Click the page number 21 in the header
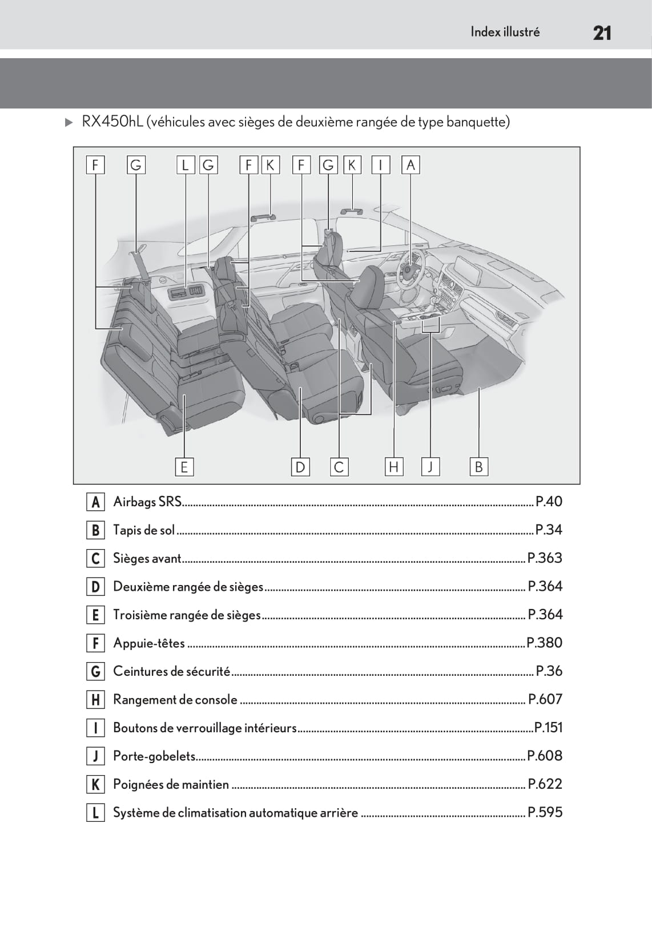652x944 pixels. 602,33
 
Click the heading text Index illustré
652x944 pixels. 505,32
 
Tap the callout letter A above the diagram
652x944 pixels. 410,165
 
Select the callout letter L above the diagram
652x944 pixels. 185,165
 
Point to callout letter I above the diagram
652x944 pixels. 380,165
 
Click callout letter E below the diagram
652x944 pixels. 184,467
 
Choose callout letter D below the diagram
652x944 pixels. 300,467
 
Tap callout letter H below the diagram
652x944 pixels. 393,467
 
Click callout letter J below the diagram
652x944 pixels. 430,467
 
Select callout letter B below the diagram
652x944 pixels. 478,467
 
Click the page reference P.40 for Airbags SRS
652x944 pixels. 549,502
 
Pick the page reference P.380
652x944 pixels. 544,643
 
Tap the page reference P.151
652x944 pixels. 548,728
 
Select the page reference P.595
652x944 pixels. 545,812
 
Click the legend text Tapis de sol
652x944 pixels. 144,530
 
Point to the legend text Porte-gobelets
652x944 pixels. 154,756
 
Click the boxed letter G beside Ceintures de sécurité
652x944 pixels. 95,671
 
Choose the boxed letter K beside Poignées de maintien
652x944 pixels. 95,784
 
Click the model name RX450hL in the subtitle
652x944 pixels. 112,122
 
